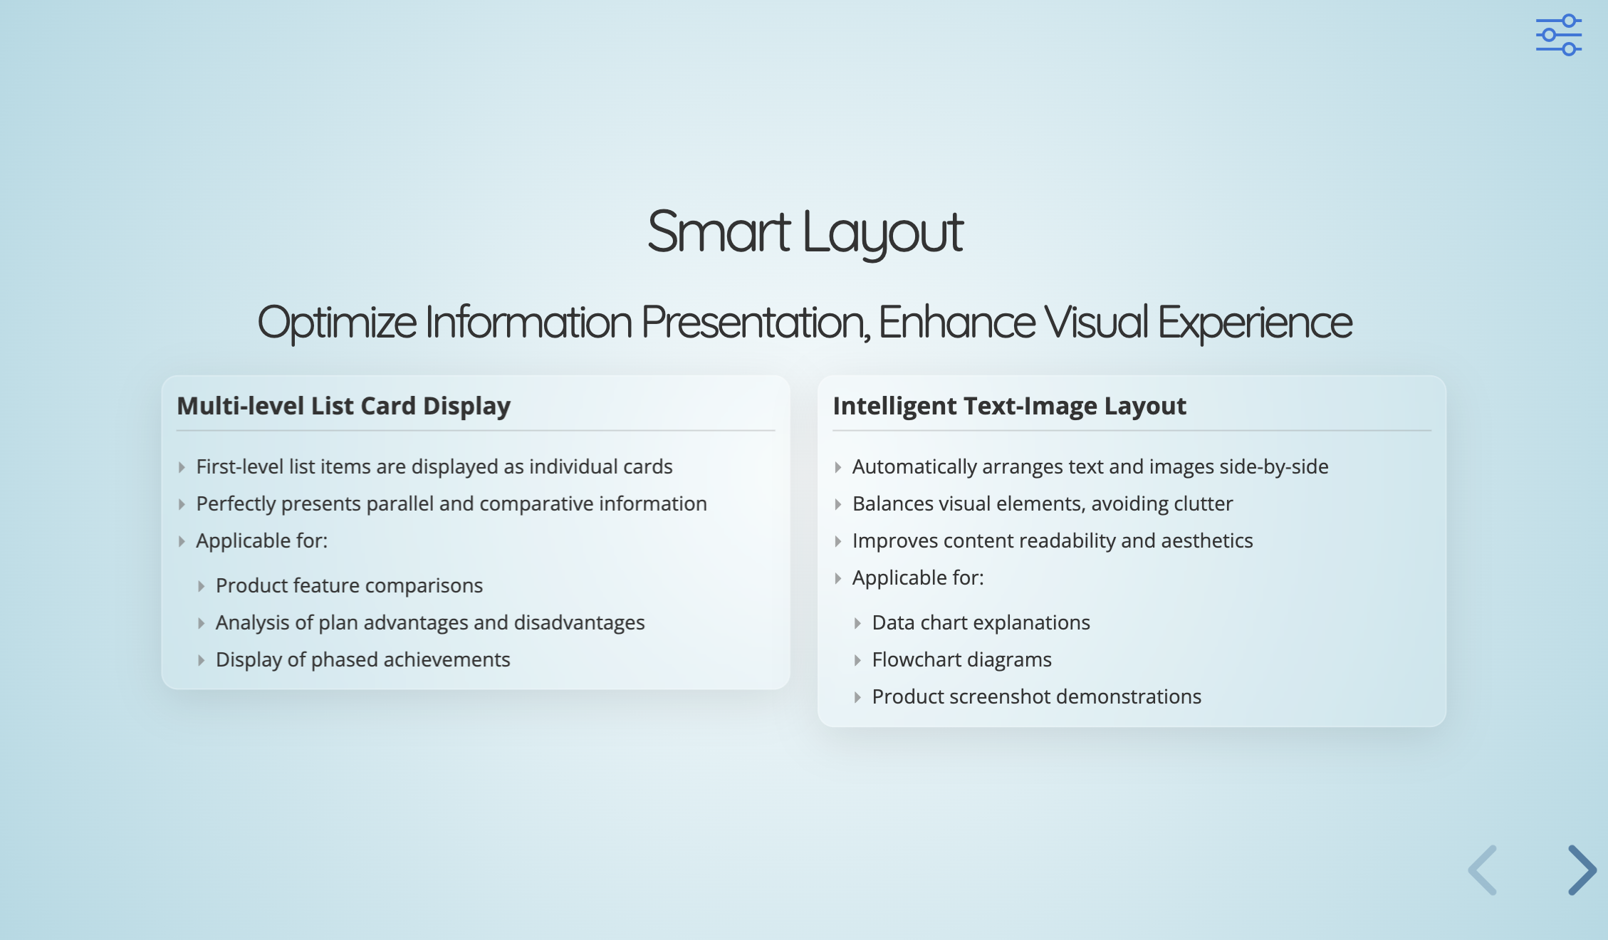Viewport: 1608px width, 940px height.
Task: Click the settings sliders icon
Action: pos(1559,35)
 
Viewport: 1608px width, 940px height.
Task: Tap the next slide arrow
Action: pos(1582,869)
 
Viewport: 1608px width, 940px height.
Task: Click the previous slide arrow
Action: pos(1483,869)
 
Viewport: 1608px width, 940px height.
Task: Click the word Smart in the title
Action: pos(719,232)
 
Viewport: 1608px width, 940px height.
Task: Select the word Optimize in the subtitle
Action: pos(337,323)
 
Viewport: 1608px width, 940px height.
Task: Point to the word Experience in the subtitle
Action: pos(1255,323)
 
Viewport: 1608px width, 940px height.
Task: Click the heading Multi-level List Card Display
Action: pos(344,406)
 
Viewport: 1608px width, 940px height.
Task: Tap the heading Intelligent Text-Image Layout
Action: pos(1010,406)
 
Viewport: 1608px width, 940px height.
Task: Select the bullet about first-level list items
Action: pos(434,466)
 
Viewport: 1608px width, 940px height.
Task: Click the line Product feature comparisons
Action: pos(350,585)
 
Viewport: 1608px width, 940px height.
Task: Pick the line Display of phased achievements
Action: pos(363,659)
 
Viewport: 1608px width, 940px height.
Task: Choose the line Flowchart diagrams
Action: pos(962,659)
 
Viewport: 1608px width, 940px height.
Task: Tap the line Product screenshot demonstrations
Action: pos(1037,696)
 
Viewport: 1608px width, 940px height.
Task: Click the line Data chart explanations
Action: pos(981,622)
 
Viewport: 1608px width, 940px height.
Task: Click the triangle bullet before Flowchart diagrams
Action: pos(857,660)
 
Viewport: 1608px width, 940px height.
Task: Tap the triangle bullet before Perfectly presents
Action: pos(182,504)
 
